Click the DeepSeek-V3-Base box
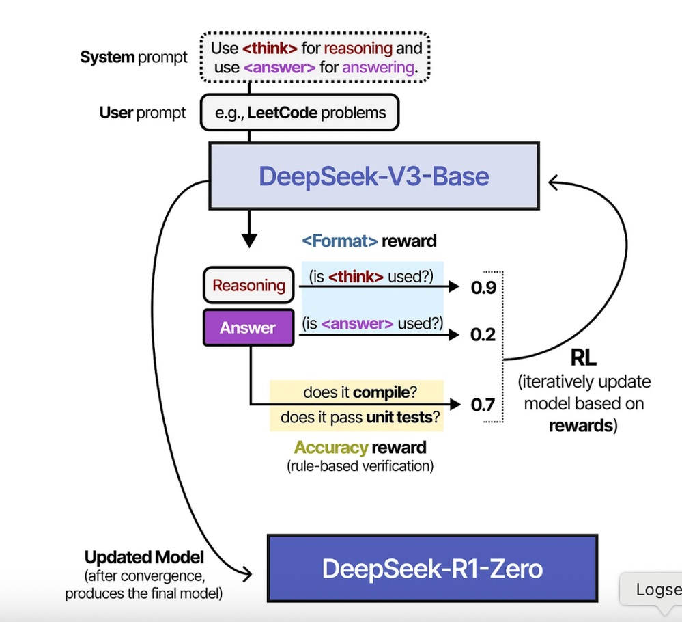[x=373, y=176]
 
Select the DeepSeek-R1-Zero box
[x=432, y=569]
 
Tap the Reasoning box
[x=248, y=286]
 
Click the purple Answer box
[x=248, y=328]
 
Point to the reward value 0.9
[x=483, y=288]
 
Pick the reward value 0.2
[x=483, y=335]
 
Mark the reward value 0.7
[x=483, y=405]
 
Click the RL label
[x=583, y=357]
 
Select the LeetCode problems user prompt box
[x=299, y=113]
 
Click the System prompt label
[x=134, y=57]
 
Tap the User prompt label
[x=143, y=113]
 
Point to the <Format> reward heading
[x=369, y=241]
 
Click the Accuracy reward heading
[x=360, y=448]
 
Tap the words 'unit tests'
[x=399, y=417]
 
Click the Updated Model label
[x=144, y=557]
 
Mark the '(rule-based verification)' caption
[x=360, y=467]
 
